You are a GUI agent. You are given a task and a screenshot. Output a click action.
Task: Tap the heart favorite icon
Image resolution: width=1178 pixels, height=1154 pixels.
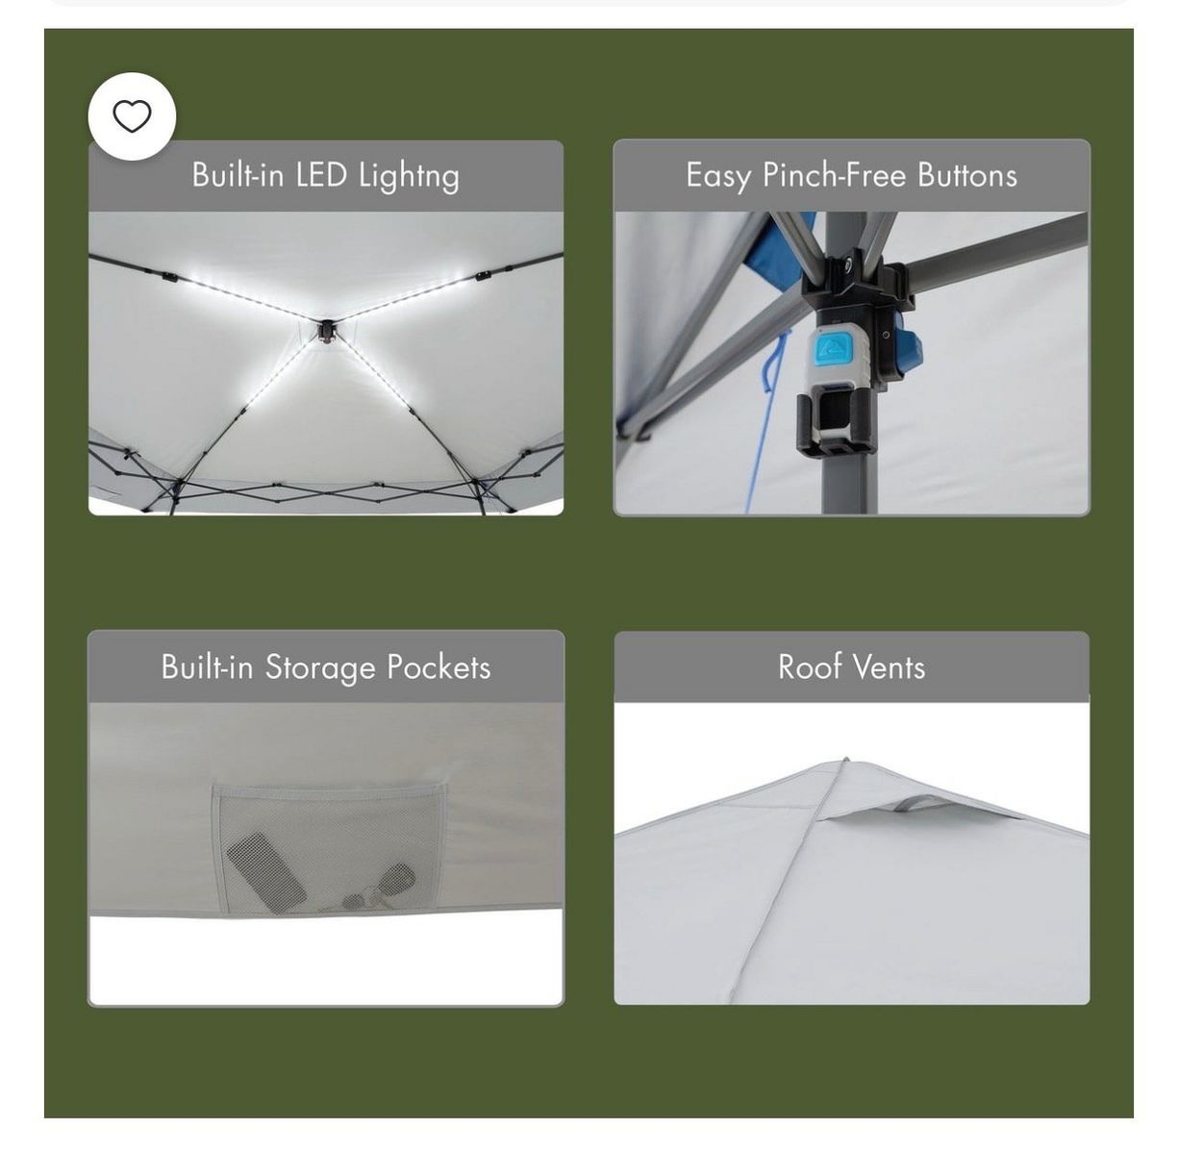coord(132,115)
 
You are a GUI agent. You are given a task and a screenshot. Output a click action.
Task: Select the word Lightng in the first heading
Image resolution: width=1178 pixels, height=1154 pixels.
coord(409,177)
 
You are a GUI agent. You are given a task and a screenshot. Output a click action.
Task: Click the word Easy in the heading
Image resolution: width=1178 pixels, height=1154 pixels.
coord(718,177)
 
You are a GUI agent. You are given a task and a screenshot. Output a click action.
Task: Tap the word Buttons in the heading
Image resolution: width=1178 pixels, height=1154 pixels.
coord(967,175)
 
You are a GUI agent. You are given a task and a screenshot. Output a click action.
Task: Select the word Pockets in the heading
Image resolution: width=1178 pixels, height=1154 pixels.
coord(439,666)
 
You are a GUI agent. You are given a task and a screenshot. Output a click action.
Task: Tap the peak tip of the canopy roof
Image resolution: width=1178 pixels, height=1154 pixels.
coord(846,760)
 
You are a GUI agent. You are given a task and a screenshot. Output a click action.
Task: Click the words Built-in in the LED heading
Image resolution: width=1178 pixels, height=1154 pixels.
coord(238,175)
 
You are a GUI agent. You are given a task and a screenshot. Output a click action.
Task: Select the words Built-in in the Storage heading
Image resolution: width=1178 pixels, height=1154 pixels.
coord(208,666)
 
